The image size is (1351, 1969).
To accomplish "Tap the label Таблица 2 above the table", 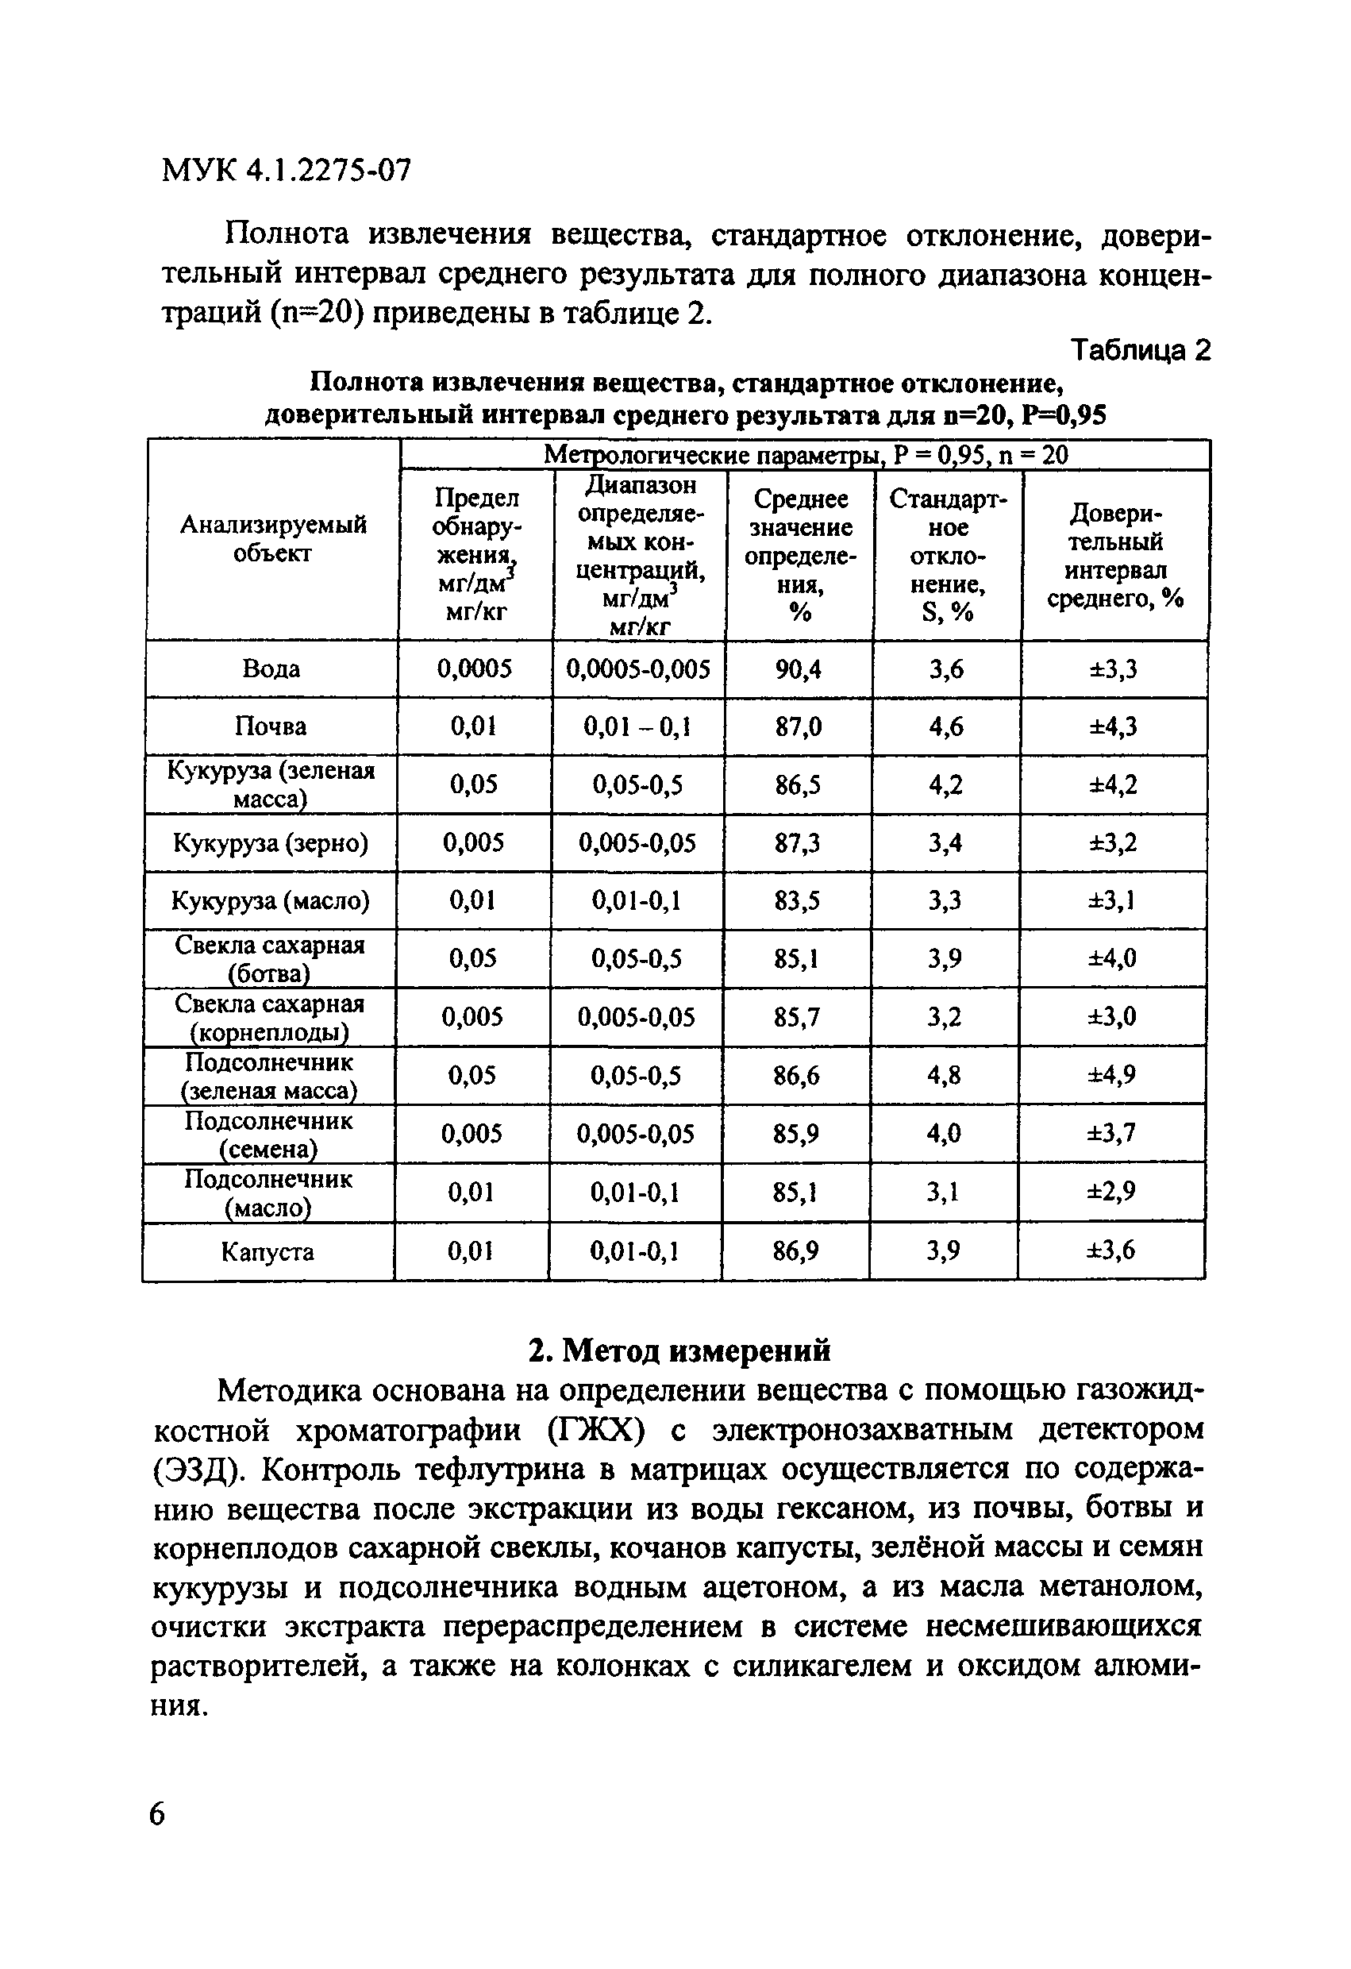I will click(1140, 350).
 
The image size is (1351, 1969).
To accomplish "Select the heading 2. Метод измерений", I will click(679, 1351).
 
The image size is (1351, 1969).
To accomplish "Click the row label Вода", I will click(271, 669).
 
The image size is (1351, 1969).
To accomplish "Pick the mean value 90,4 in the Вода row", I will click(798, 670).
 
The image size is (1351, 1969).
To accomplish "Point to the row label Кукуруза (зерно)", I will click(271, 843).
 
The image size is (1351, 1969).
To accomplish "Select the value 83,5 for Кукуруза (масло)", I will click(796, 900).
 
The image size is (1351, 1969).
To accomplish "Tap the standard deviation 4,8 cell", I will click(944, 1075).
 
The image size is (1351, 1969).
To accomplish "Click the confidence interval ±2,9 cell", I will click(1111, 1192).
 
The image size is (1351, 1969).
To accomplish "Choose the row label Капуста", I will click(267, 1251).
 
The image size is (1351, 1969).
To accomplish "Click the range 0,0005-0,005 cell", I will click(638, 670).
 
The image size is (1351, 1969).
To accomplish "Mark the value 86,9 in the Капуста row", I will click(795, 1250).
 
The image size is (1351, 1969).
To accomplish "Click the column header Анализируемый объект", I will click(273, 539).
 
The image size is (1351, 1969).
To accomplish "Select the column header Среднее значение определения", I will click(799, 556).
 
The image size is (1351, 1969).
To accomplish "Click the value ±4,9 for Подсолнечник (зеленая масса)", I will click(1111, 1075).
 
